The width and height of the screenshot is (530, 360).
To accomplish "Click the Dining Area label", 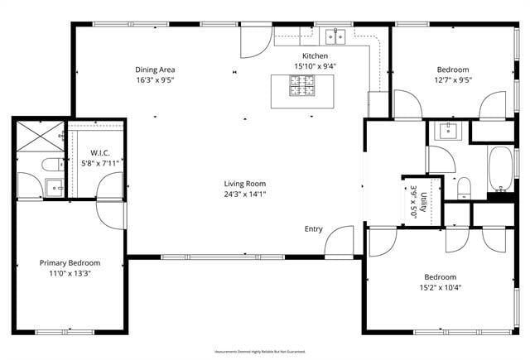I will tap(155, 70).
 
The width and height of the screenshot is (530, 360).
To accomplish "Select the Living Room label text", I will tap(244, 184).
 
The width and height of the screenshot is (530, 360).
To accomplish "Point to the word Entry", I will tap(314, 229).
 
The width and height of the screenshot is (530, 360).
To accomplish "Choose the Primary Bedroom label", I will tap(70, 262).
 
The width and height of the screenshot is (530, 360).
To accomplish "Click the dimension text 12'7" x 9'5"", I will tap(452, 80).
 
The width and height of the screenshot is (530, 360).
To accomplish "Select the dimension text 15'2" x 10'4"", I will tap(440, 287).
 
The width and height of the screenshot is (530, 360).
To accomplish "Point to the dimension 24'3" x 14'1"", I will tap(244, 194).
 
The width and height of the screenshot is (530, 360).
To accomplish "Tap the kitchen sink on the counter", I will tap(335, 36).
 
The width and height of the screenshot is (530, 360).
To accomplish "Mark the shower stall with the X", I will tap(39, 134).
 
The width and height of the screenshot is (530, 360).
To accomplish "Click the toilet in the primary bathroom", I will tap(51, 164).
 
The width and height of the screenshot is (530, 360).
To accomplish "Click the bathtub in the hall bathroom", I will tap(499, 169).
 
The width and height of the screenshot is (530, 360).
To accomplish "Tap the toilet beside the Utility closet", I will tap(464, 185).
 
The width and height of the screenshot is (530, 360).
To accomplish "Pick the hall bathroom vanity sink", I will tap(447, 130).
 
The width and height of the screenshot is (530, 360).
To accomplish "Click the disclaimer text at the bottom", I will tap(261, 352).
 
